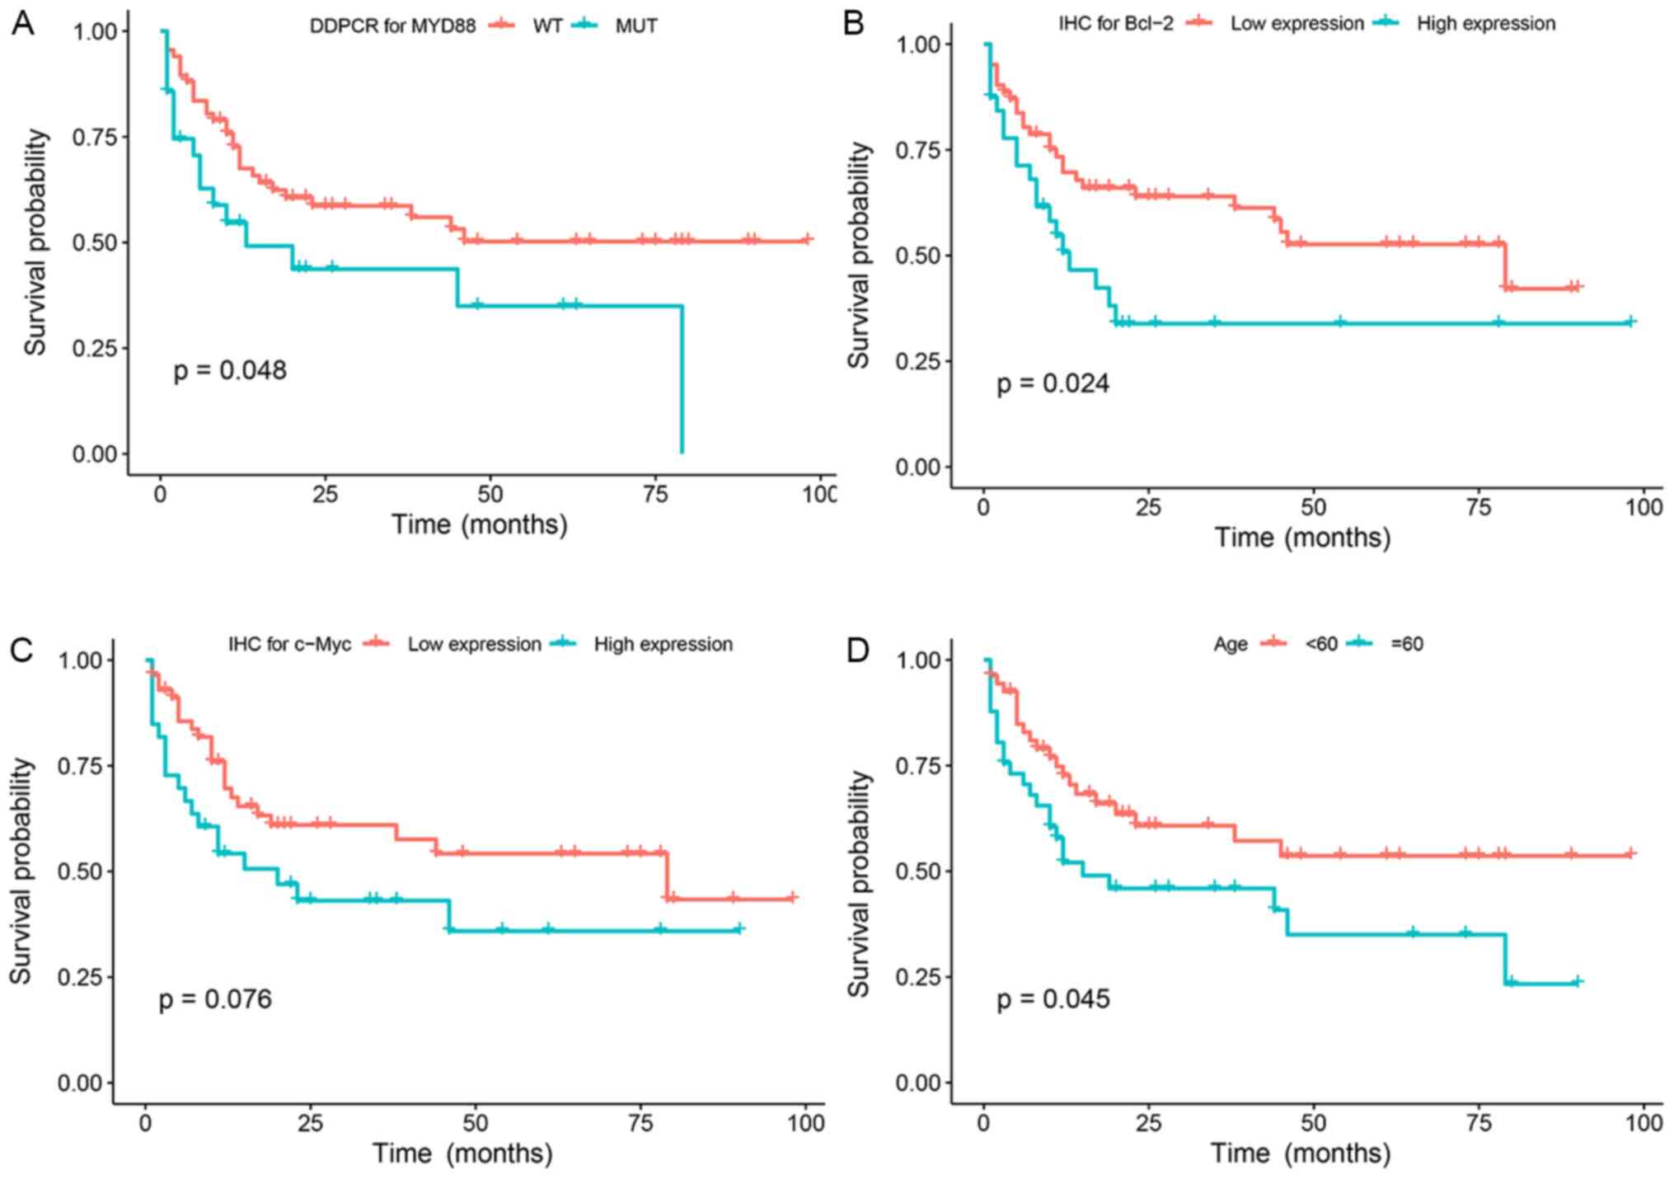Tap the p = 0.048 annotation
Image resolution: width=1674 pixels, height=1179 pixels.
pyautogui.click(x=230, y=371)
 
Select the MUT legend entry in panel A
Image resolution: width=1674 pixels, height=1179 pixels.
pyautogui.click(x=635, y=26)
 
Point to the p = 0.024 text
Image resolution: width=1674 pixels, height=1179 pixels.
pyautogui.click(x=1053, y=384)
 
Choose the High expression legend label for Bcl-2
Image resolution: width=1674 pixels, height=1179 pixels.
pyautogui.click(x=1485, y=24)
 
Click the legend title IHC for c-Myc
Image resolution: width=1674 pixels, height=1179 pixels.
pyautogui.click(x=289, y=644)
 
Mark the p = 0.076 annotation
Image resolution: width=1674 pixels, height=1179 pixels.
pyautogui.click(x=215, y=1000)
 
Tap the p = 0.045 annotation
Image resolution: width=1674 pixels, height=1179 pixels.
pyautogui.click(x=1053, y=1000)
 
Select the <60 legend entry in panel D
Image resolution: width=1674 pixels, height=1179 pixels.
pyautogui.click(x=1320, y=644)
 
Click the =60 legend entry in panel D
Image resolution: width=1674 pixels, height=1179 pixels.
pyautogui.click(x=1406, y=644)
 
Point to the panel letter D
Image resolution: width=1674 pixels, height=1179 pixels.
pyautogui.click(x=858, y=651)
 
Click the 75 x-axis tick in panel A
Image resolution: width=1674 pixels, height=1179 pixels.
pyautogui.click(x=655, y=495)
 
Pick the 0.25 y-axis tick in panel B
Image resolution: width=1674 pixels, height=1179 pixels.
pyautogui.click(x=918, y=361)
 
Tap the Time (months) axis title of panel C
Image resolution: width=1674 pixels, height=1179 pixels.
pyautogui.click(x=462, y=1153)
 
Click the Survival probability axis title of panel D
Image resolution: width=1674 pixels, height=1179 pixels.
pyautogui.click(x=859, y=884)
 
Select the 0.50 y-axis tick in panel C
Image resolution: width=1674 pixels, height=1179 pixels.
pyautogui.click(x=80, y=871)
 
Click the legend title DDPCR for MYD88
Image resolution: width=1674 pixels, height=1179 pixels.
pyautogui.click(x=392, y=26)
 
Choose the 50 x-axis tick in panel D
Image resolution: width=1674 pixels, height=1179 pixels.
pyautogui.click(x=1313, y=1124)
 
